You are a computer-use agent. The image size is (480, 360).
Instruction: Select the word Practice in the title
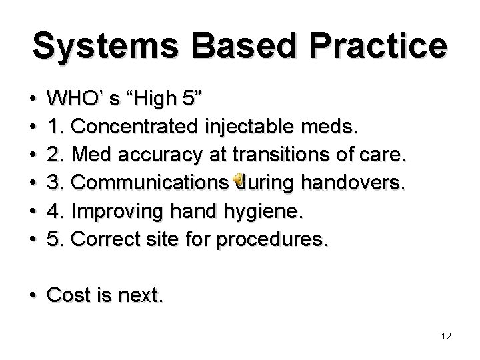coord(379,45)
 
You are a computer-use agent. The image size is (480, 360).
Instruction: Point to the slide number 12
coord(446,337)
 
